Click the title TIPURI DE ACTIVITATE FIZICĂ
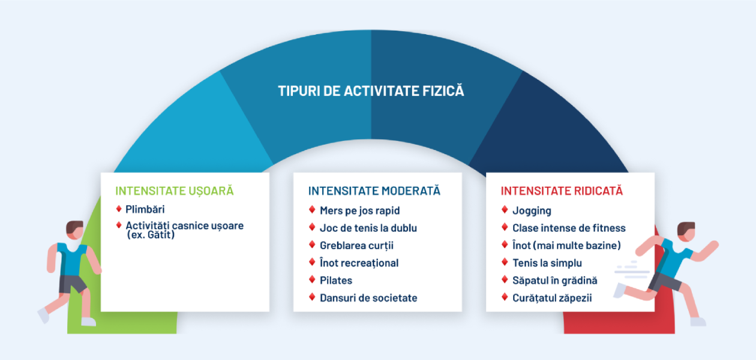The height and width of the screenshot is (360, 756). click(x=371, y=91)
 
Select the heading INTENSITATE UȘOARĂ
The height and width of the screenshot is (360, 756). click(x=175, y=191)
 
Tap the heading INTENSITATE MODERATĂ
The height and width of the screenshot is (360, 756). click(x=374, y=190)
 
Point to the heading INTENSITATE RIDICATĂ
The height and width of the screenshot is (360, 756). click(x=562, y=190)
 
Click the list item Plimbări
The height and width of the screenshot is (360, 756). click(x=145, y=209)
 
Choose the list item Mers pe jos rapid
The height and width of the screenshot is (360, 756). click(x=360, y=211)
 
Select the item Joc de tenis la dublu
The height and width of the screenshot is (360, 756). click(x=368, y=228)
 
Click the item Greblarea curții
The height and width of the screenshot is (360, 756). click(x=357, y=245)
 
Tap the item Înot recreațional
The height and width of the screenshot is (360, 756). click(x=359, y=263)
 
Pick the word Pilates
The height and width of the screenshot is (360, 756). click(x=336, y=280)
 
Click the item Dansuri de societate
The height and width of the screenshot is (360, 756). click(x=368, y=298)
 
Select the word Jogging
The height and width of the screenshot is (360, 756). click(x=532, y=211)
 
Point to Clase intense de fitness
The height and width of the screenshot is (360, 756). click(x=569, y=228)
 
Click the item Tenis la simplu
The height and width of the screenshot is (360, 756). click(x=547, y=263)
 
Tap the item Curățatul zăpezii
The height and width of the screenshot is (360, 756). click(x=552, y=298)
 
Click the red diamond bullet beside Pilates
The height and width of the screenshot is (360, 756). click(x=312, y=280)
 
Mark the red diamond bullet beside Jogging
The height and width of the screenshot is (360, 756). click(x=505, y=209)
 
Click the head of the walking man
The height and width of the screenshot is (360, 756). click(x=74, y=230)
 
